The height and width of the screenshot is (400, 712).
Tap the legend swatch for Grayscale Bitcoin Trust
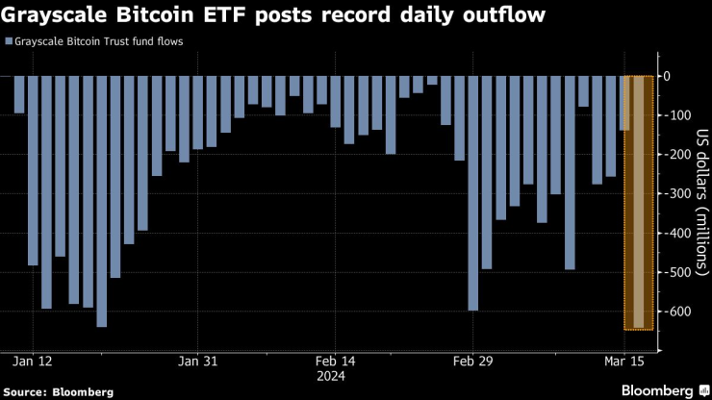point(9,42)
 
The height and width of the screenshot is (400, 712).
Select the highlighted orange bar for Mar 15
point(638,202)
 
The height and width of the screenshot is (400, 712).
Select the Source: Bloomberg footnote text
point(59,391)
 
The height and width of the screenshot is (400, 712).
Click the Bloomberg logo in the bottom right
point(655,390)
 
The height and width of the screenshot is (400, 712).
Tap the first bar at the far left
point(19,95)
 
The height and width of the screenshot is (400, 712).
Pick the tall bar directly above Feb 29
point(472,193)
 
